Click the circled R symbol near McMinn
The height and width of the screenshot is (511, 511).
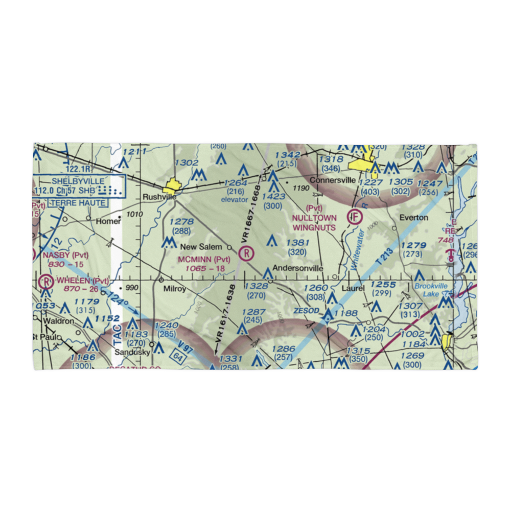click(247, 252)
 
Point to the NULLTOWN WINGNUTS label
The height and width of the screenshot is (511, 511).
click(314, 223)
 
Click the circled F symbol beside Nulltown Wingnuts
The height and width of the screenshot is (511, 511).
click(354, 217)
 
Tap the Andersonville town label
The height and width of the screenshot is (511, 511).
click(297, 268)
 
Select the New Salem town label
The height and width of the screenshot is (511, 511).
click(204, 247)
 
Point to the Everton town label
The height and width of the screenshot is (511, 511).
click(413, 218)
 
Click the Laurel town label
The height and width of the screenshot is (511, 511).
click(353, 288)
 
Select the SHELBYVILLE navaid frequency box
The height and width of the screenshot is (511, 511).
click(79, 187)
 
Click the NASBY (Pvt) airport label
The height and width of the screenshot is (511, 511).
click(65, 254)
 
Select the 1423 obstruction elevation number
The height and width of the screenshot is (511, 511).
click(273, 196)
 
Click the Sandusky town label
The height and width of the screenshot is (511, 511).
click(131, 353)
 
